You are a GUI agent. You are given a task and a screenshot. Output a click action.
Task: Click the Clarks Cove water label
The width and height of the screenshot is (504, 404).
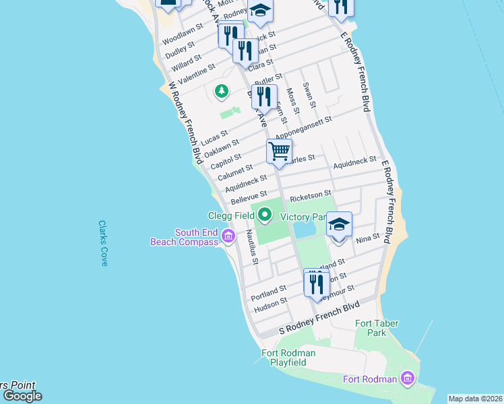pyautogui.click(x=103, y=243)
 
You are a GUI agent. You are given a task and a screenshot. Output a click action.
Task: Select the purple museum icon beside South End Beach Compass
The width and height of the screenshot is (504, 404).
pyautogui.click(x=228, y=236)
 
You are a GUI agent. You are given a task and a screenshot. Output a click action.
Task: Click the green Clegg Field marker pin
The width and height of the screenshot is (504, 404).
pyautogui.click(x=265, y=215)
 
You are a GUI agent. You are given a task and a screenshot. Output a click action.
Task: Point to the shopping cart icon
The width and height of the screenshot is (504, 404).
pyautogui.click(x=279, y=151)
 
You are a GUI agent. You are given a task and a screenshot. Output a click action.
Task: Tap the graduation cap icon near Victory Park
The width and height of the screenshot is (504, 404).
pyautogui.click(x=340, y=224)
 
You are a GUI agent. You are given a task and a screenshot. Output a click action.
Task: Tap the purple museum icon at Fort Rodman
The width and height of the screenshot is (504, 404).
pyautogui.click(x=406, y=379)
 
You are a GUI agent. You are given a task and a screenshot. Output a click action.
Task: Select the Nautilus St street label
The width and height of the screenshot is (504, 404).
pyautogui.click(x=251, y=246)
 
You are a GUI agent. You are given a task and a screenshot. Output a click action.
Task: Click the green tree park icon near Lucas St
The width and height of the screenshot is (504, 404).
pyautogui.click(x=220, y=90)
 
